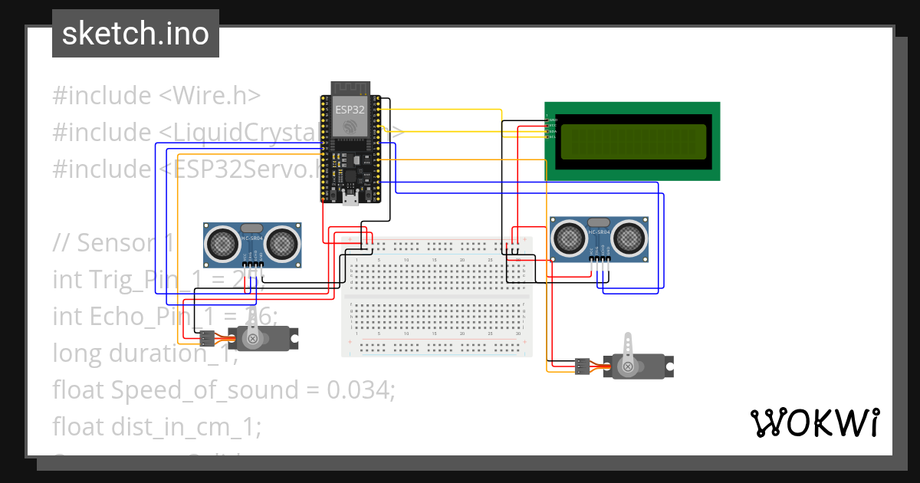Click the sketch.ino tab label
(x=135, y=34)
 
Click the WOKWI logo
(x=814, y=422)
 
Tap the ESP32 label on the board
(x=350, y=110)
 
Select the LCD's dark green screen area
(x=633, y=142)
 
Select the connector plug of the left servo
(x=205, y=337)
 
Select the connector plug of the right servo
(x=583, y=367)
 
